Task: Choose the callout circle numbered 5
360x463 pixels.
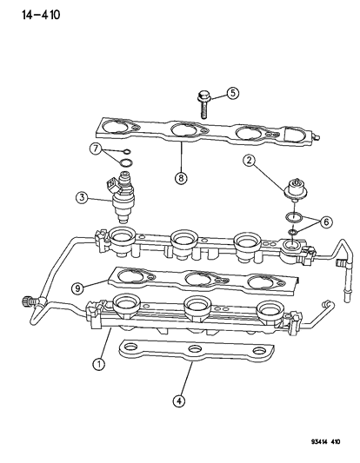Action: pyautogui.click(x=233, y=93)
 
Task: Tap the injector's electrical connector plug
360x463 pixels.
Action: pyautogui.click(x=109, y=185)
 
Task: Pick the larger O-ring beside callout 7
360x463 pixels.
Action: pyautogui.click(x=125, y=163)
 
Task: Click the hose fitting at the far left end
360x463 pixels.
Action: pyautogui.click(x=37, y=301)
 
